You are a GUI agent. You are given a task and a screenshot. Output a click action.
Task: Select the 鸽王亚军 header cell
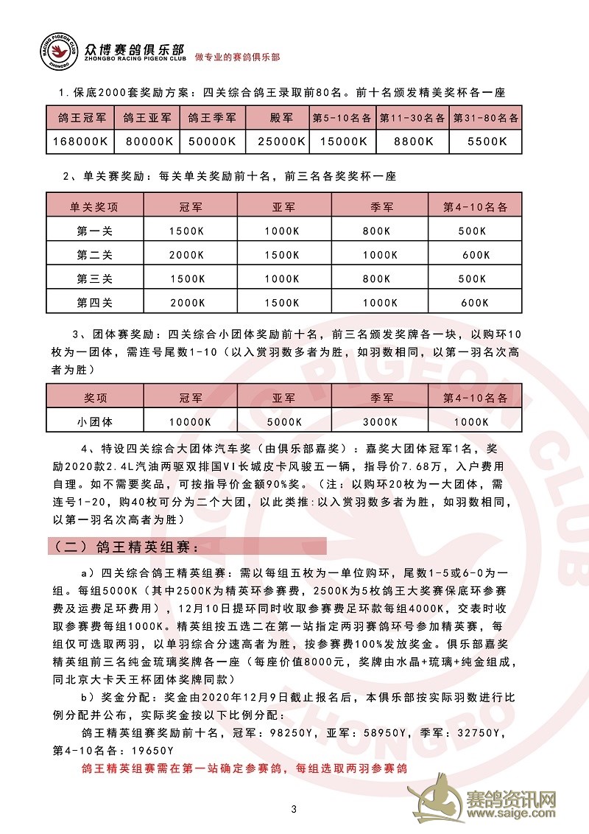pos(147,118)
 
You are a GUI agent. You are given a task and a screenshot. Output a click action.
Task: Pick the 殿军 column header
pos(278,118)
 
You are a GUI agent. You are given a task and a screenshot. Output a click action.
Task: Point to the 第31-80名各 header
pos(486,118)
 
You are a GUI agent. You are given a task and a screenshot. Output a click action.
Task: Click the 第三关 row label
pos(95,278)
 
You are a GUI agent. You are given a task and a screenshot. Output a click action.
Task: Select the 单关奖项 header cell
pos(95,207)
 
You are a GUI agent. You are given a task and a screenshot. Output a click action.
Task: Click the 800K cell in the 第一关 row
pos(377,231)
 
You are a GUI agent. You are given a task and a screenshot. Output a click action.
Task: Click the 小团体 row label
pos(95,422)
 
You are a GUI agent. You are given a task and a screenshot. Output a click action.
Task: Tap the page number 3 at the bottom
pos(294,810)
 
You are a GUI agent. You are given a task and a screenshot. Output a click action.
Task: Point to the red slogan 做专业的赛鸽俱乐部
pos(238,57)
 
